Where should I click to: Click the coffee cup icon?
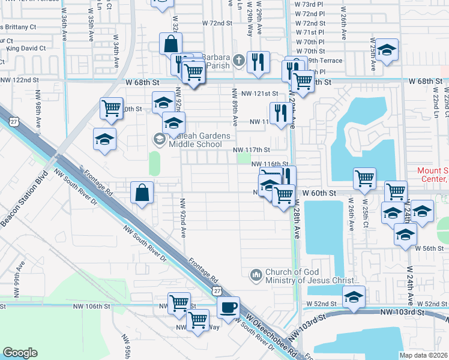point(228,308)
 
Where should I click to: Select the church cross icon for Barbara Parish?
point(238,59)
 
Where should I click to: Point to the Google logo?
point(20,353)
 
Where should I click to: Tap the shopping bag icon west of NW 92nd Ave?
point(142,193)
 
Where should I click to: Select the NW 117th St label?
point(252,149)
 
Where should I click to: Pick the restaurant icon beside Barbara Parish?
point(258,62)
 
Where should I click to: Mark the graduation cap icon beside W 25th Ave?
point(387,50)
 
